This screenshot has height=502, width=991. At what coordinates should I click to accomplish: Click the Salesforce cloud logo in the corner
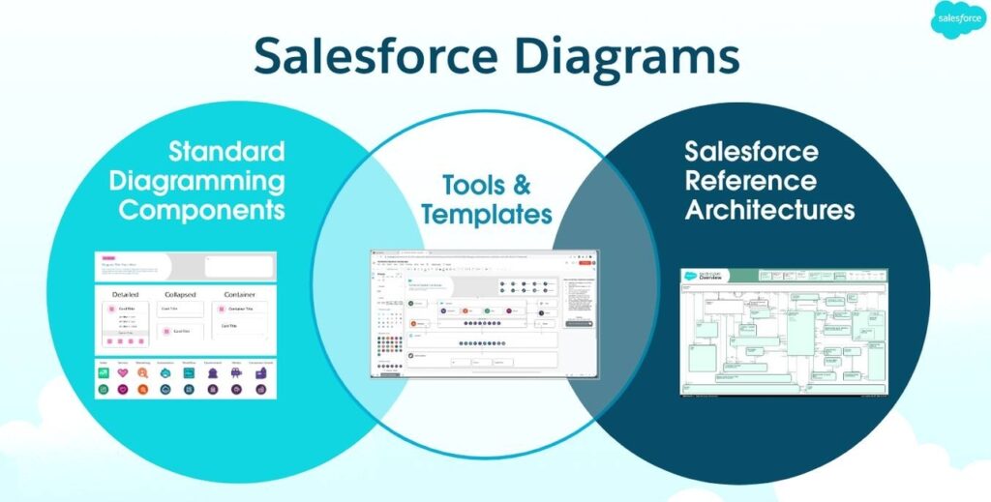pyautogui.click(x=959, y=20)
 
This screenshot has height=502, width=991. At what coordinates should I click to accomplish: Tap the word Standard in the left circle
pyautogui.click(x=226, y=151)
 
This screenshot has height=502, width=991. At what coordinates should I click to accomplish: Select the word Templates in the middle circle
pyautogui.click(x=487, y=214)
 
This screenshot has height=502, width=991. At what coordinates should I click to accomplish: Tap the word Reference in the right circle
pyautogui.click(x=750, y=181)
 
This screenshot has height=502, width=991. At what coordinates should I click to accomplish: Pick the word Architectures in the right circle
pyautogui.click(x=769, y=210)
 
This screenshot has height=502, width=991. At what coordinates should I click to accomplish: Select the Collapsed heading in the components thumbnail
pyautogui.click(x=180, y=294)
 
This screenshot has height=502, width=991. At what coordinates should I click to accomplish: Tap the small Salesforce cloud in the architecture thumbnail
pyautogui.click(x=690, y=278)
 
